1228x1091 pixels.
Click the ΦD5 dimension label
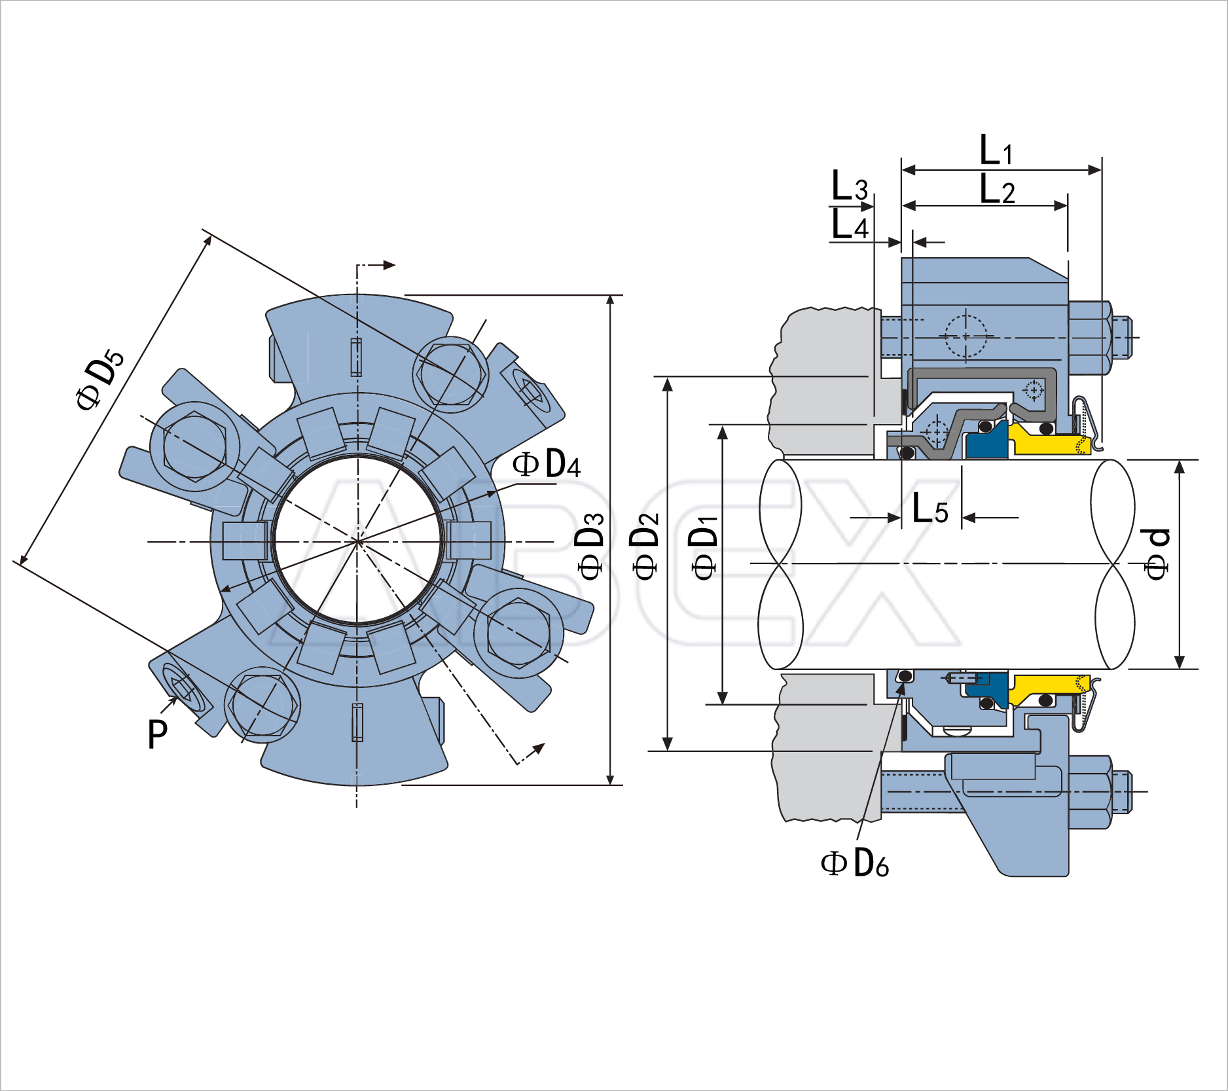point(99,380)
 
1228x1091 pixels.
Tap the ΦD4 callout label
point(546,465)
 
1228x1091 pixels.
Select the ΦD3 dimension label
point(590,546)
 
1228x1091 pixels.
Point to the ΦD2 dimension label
point(645,546)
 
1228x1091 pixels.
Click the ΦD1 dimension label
point(704,547)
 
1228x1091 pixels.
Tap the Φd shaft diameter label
point(1157,553)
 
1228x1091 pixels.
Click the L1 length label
point(996,151)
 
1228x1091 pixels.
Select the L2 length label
point(997,190)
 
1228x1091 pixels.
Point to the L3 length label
point(849,186)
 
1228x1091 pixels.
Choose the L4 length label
point(849,225)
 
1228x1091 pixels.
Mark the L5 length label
point(930,509)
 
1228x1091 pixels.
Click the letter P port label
point(158,734)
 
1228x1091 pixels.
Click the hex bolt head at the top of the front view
point(451,374)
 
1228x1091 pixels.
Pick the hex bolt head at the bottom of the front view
point(262,705)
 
